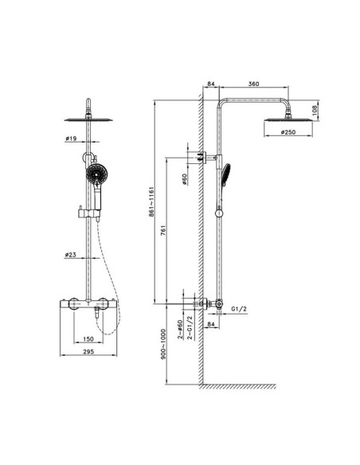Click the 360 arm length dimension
[x=253, y=82]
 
